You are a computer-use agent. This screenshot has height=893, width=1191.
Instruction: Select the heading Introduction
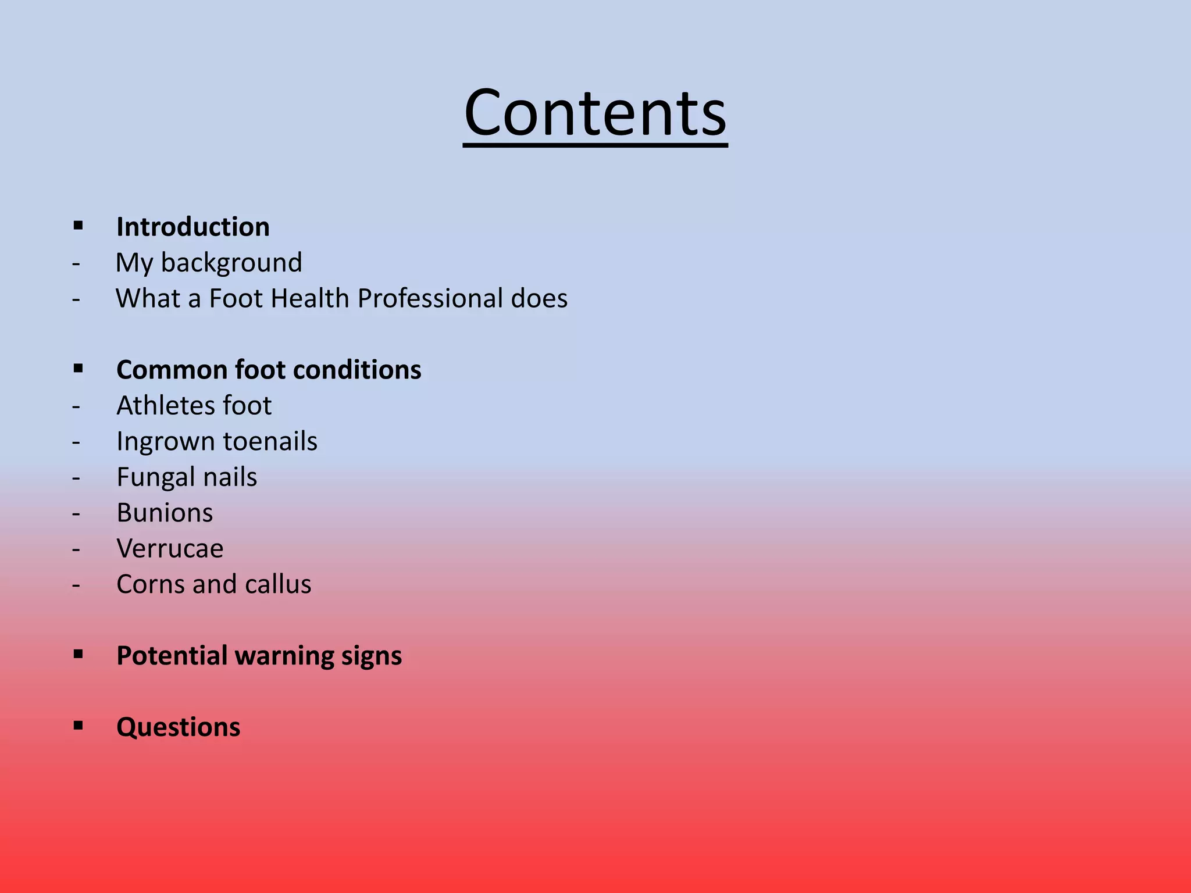click(x=192, y=227)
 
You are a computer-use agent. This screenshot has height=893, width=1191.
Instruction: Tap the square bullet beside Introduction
click(x=79, y=225)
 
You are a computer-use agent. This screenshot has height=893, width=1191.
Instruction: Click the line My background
click(x=209, y=263)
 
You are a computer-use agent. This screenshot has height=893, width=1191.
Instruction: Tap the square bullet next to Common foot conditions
click(x=79, y=368)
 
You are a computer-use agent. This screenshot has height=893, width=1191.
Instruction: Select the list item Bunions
click(x=165, y=513)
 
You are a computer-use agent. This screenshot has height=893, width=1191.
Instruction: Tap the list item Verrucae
click(x=170, y=549)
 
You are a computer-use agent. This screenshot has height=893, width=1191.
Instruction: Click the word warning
click(x=284, y=656)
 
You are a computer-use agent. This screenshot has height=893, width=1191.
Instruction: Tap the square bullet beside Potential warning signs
click(x=79, y=654)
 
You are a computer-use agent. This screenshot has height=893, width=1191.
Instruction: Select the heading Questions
click(x=178, y=727)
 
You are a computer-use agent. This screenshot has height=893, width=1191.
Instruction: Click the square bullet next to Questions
click(x=79, y=726)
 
